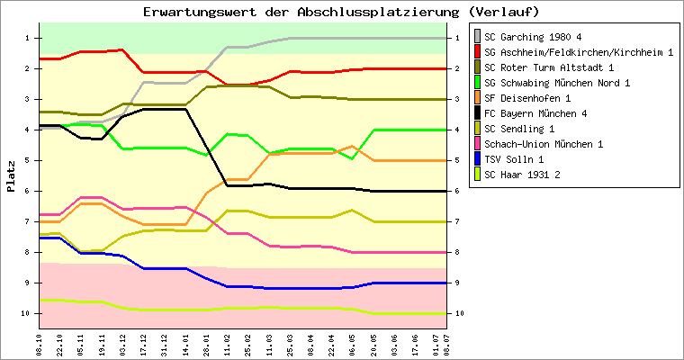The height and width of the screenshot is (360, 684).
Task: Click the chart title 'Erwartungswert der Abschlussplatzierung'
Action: pos(301,12)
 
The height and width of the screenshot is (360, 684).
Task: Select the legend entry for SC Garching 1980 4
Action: pos(533,37)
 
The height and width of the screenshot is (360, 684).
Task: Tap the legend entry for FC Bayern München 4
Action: pos(535,113)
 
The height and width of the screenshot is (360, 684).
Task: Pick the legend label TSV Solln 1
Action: pos(515,159)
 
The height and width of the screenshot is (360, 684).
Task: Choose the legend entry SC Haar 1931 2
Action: pos(522,175)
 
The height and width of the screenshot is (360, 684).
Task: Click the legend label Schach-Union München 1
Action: pos(544,144)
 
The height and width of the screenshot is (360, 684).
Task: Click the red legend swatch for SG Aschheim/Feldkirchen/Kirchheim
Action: pos(477,52)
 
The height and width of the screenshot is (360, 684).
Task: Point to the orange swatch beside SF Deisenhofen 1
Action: pos(477,98)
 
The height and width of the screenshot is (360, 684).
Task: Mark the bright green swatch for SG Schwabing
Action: pos(477,83)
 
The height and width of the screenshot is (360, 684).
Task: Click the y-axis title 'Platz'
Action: pos(11,176)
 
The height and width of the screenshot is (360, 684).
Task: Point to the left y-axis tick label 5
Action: pos(27,160)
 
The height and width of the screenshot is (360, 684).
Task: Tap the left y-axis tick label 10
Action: pos(25,313)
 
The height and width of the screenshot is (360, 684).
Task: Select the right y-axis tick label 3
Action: pos(457,100)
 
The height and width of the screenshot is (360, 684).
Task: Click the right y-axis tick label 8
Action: pos(457,252)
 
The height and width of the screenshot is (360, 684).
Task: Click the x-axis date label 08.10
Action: pos(40,346)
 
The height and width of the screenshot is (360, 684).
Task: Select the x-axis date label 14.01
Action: pos(185,346)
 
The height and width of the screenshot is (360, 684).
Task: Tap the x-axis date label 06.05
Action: pos(352,346)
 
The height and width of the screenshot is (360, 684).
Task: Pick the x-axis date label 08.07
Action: pos(446,346)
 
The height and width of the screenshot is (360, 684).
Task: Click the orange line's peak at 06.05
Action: pos(352,146)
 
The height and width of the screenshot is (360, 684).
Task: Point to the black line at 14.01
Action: pos(185,109)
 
